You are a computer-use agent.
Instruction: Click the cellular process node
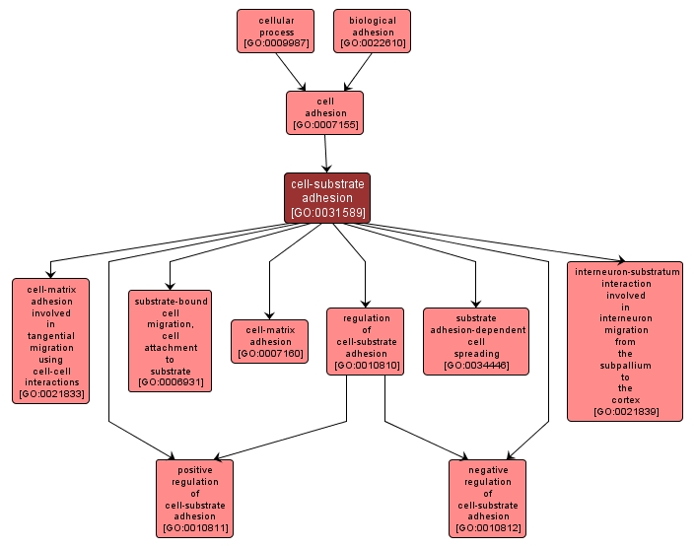tap(275, 31)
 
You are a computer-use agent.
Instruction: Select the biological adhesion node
tap(372, 31)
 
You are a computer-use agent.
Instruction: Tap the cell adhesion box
tap(324, 112)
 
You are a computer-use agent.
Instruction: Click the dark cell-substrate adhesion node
tap(326, 197)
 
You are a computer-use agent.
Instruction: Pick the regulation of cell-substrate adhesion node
tap(366, 341)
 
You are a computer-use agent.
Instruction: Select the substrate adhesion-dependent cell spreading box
tap(476, 341)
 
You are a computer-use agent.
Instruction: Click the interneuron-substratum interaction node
tap(625, 341)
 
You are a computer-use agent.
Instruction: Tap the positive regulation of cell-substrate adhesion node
tap(194, 498)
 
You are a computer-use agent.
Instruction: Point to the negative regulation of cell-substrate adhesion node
tap(487, 498)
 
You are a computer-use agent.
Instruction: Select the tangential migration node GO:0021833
tap(50, 340)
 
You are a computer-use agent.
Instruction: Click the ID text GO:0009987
tap(275, 44)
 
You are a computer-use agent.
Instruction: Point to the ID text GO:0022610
tap(372, 44)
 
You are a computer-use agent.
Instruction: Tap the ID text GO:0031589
tap(326, 212)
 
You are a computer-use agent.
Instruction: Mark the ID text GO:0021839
tap(625, 411)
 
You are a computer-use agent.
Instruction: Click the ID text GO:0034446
tap(476, 366)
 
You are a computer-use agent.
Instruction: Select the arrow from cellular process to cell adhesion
tap(292, 71)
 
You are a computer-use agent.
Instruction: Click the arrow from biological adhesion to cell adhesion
tap(356, 71)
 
